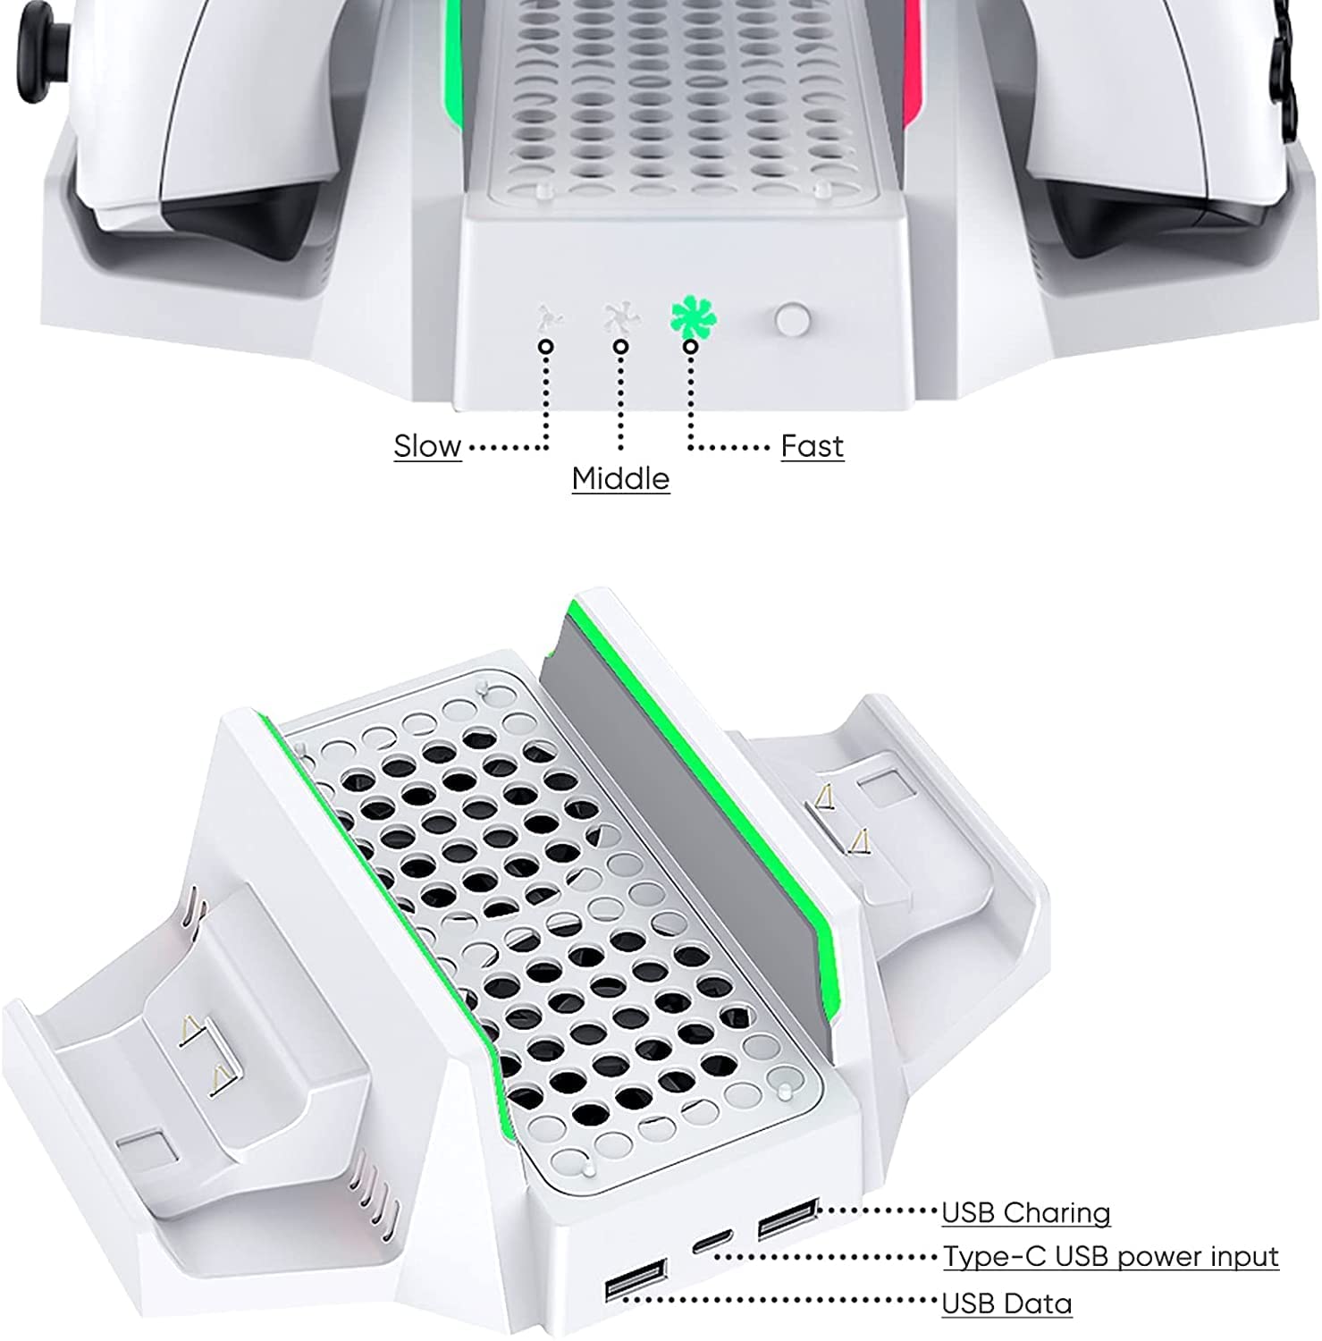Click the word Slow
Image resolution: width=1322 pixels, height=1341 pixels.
(x=427, y=445)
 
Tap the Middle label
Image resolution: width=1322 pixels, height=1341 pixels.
(x=620, y=478)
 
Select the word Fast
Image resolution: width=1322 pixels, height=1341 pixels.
(x=812, y=445)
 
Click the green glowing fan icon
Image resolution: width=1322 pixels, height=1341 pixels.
(x=693, y=318)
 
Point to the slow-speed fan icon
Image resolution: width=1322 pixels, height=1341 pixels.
(x=548, y=318)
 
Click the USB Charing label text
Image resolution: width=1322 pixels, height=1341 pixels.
(x=1025, y=1212)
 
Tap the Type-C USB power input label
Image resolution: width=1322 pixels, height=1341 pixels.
(x=1111, y=1256)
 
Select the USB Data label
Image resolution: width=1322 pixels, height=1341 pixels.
(x=1006, y=1303)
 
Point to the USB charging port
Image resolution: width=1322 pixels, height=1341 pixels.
(x=787, y=1220)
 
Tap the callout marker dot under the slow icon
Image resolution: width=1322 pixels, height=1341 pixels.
(x=546, y=346)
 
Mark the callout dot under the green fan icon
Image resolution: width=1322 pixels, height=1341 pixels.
(x=690, y=346)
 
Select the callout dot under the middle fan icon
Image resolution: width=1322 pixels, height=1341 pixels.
(x=620, y=346)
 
